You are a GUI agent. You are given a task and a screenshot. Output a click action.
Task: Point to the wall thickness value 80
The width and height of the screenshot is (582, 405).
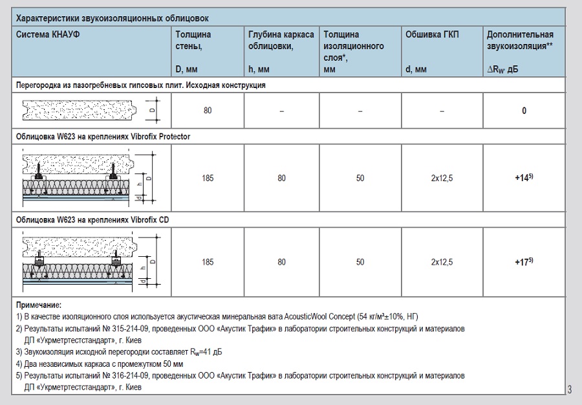(208, 111)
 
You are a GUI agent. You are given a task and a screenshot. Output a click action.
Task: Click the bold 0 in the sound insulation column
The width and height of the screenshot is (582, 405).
(524, 111)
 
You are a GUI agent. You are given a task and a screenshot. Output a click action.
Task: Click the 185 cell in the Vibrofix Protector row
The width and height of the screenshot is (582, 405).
(208, 178)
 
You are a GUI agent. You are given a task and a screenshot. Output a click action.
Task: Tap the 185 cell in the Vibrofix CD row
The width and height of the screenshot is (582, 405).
(208, 263)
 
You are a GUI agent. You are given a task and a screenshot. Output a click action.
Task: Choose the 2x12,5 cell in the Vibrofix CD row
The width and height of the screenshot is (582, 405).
(442, 263)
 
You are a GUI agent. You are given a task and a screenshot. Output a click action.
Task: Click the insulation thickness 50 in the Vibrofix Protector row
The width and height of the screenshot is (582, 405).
(360, 178)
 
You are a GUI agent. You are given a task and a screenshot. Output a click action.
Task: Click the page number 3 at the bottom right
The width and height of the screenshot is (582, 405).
(569, 389)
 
